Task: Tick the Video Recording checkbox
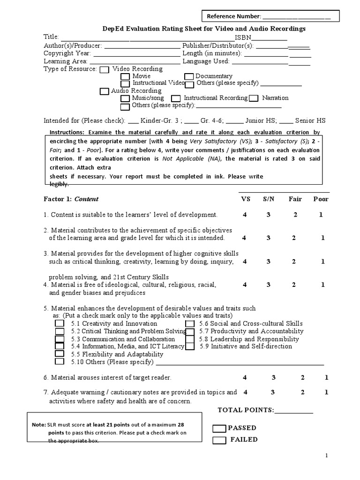pyautogui.click(x=105, y=69)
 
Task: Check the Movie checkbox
pyautogui.click(x=125, y=76)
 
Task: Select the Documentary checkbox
pyautogui.click(x=189, y=76)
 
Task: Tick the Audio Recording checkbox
pyautogui.click(x=104, y=91)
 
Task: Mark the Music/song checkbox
pyautogui.click(x=125, y=98)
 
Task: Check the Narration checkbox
pyautogui.click(x=254, y=98)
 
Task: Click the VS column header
pyautogui.click(x=246, y=199)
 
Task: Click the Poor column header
pyautogui.click(x=321, y=199)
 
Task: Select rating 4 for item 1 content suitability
pyautogui.click(x=245, y=215)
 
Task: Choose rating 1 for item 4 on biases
pyautogui.click(x=323, y=285)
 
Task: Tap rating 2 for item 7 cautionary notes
pyautogui.click(x=303, y=392)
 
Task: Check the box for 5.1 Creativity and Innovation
pyautogui.click(x=60, y=323)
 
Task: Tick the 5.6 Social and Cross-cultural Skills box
pyautogui.click(x=190, y=323)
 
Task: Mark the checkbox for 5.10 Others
pyautogui.click(x=60, y=361)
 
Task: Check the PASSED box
pyautogui.click(x=219, y=428)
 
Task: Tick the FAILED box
pyautogui.click(x=219, y=440)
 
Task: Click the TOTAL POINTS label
pyautogui.click(x=246, y=410)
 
